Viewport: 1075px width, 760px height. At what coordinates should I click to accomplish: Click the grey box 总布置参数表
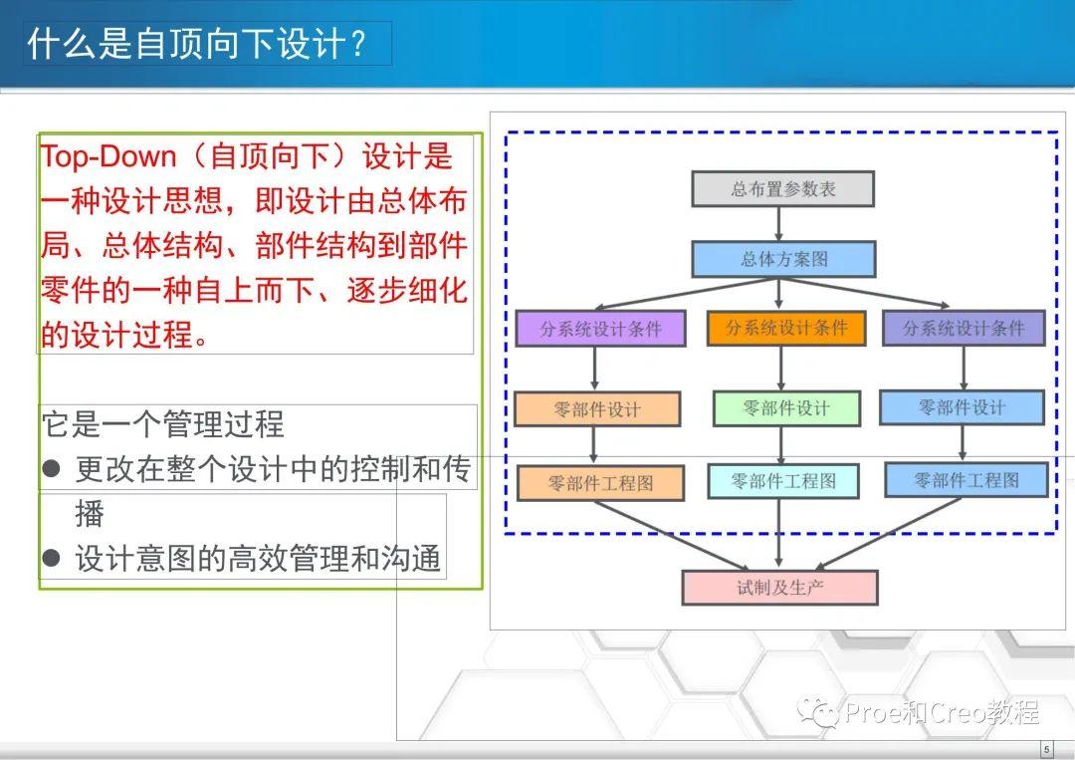782,189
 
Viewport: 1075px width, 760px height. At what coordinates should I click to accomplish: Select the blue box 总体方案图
783,259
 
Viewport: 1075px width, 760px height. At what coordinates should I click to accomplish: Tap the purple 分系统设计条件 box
600,329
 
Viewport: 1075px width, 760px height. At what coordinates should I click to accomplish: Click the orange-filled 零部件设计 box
597,409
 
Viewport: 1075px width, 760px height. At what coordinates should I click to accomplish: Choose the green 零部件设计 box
786,408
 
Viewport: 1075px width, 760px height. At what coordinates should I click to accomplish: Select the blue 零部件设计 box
962,407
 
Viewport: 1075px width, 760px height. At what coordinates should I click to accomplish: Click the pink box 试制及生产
779,588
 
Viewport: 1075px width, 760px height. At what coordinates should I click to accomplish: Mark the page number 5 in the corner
1046,749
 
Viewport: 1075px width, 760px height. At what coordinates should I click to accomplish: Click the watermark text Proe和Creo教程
942,712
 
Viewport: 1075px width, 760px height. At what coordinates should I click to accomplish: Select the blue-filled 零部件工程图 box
966,480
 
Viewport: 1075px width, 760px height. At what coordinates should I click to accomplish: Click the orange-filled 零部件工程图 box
600,484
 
